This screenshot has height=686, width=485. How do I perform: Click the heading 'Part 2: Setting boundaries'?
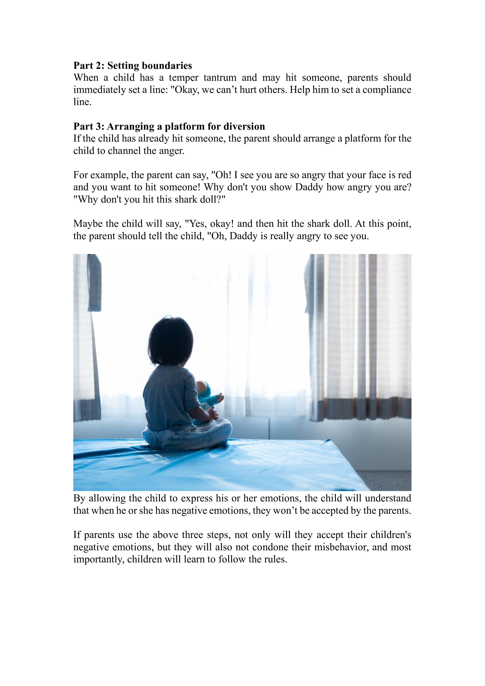[x=133, y=66]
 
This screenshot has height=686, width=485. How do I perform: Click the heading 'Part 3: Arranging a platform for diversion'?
[x=169, y=126]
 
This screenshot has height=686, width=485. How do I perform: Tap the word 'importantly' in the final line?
[x=99, y=559]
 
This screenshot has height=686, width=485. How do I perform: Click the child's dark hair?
[x=170, y=341]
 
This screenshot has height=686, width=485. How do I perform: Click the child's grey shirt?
[x=170, y=394]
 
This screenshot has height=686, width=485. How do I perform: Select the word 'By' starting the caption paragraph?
[x=79, y=498]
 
